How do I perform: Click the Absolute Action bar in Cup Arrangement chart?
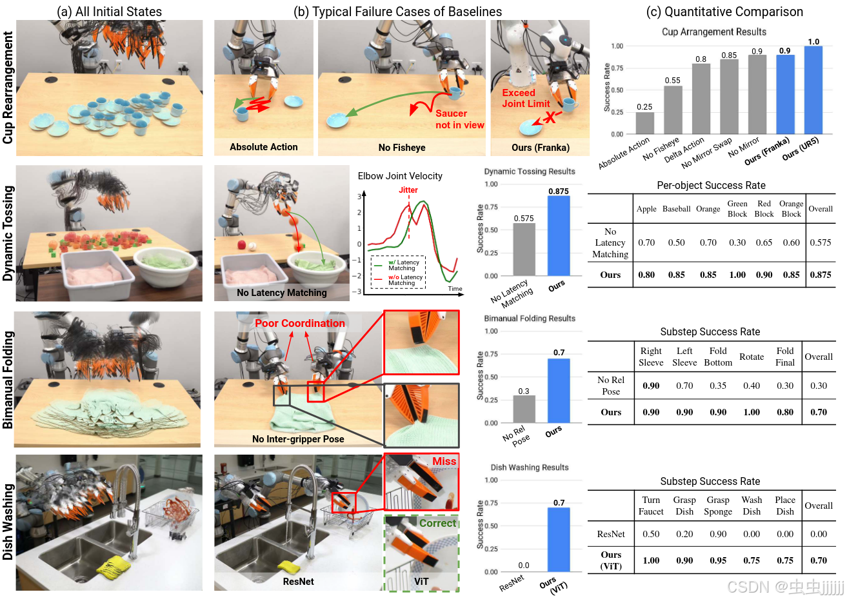[x=644, y=123]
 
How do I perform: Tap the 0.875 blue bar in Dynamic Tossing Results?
[x=559, y=235]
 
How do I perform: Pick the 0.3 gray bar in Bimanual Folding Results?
[x=523, y=409]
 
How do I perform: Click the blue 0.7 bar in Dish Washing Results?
[x=559, y=539]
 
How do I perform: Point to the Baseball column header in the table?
[x=676, y=209]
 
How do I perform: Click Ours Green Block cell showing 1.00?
[x=737, y=275]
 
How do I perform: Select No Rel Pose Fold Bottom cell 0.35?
[x=718, y=386]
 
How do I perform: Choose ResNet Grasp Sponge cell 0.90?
[x=718, y=534]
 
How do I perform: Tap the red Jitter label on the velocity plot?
[x=408, y=190]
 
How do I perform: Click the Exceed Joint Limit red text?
[x=526, y=98]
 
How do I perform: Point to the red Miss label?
[x=444, y=461]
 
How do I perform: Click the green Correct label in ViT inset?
[x=437, y=523]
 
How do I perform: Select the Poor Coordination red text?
[x=299, y=323]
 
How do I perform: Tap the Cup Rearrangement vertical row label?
[x=8, y=88]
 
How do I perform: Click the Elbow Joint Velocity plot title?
[x=400, y=176]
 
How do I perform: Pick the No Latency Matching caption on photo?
[x=281, y=293]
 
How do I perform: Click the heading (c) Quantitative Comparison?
[x=724, y=12]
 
